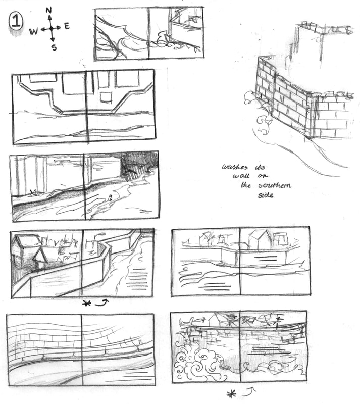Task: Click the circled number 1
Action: click(x=16, y=21)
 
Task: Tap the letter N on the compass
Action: click(x=48, y=10)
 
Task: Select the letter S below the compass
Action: click(x=54, y=47)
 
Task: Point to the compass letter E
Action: click(x=67, y=26)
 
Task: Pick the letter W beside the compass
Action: click(x=33, y=32)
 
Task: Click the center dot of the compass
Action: click(x=52, y=28)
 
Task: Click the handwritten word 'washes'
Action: click(x=235, y=167)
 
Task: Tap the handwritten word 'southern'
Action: click(x=275, y=185)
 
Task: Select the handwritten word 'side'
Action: click(x=266, y=195)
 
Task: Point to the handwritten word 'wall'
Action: click(x=241, y=176)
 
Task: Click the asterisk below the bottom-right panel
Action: click(x=231, y=394)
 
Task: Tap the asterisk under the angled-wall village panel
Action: click(x=86, y=304)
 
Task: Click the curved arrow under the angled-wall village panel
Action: click(x=102, y=302)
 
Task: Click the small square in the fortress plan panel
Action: click(x=106, y=97)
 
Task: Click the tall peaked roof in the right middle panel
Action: click(x=260, y=239)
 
